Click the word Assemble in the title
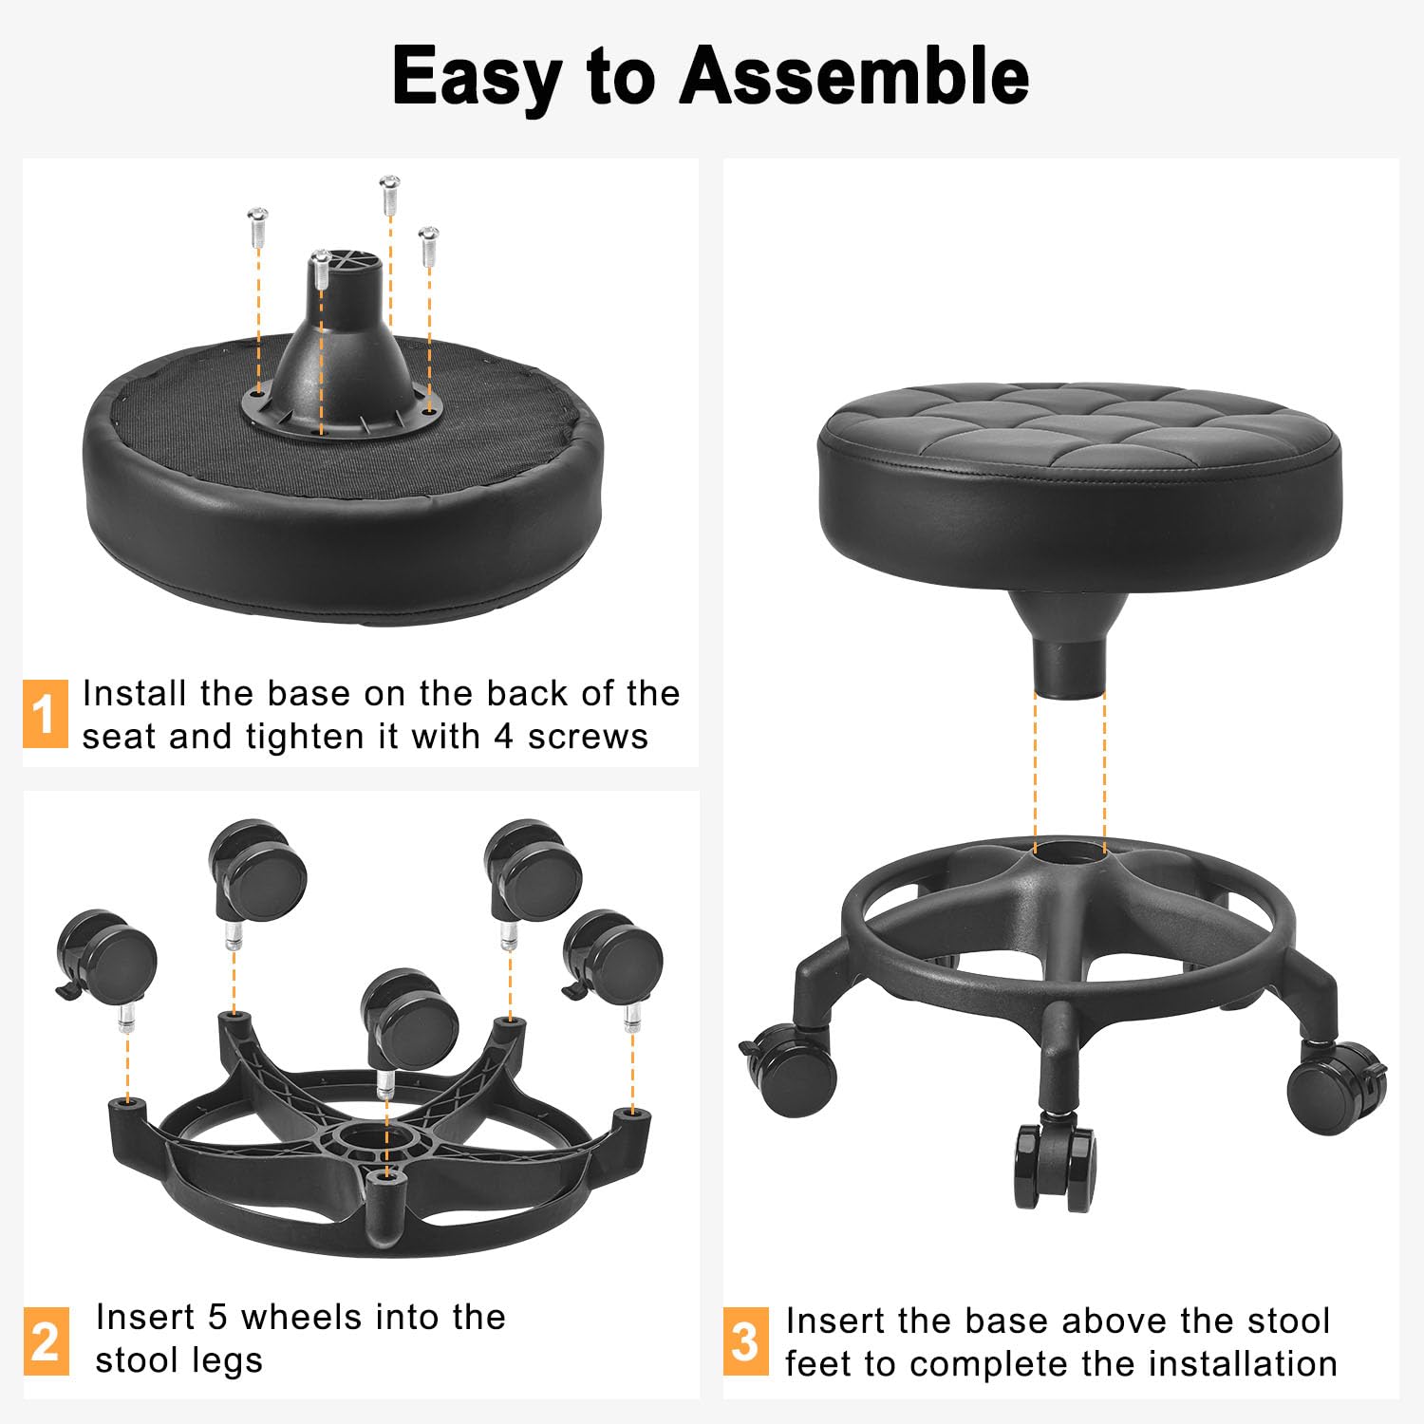[x=853, y=76]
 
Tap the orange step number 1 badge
[x=45, y=714]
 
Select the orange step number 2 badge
[x=46, y=1340]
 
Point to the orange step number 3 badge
[x=745, y=1341]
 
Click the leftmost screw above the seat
[x=257, y=227]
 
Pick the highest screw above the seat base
[x=389, y=194]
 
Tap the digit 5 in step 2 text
[x=217, y=1318]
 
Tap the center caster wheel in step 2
[x=410, y=1021]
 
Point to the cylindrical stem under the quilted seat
[x=1069, y=665]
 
